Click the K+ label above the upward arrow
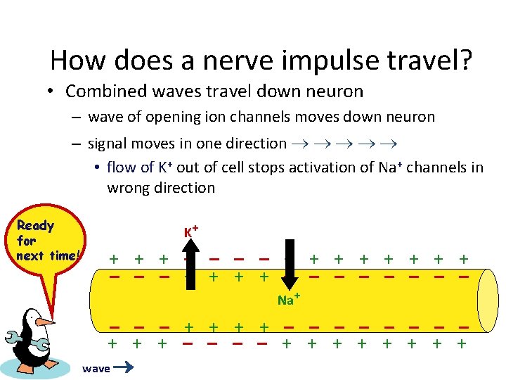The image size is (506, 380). [x=190, y=232]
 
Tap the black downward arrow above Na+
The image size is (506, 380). [x=288, y=265]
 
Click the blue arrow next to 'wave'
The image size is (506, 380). [x=124, y=367]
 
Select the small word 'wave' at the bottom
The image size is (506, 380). [x=96, y=369]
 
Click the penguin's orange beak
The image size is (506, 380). [x=45, y=322]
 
